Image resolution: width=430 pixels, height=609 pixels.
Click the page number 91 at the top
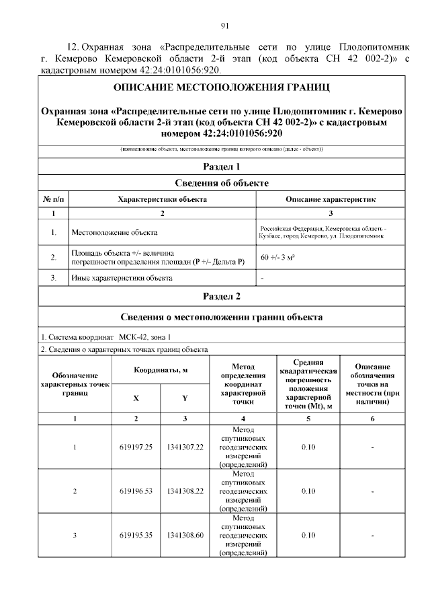click(225, 26)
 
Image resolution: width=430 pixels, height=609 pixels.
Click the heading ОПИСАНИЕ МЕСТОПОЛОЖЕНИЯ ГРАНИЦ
click(222, 88)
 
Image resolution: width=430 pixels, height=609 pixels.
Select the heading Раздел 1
click(221, 166)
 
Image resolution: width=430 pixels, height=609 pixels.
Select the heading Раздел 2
click(221, 295)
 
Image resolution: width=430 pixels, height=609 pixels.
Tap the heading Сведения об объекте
click(221, 182)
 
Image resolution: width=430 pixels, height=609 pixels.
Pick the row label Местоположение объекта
click(114, 233)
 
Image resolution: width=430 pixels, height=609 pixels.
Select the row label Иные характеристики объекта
click(122, 277)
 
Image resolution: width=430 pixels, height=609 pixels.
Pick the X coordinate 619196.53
click(136, 491)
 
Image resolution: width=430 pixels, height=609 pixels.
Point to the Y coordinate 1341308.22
click(185, 491)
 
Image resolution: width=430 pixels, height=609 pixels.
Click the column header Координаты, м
click(160, 370)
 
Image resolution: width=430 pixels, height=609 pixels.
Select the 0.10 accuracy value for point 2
click(308, 491)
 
